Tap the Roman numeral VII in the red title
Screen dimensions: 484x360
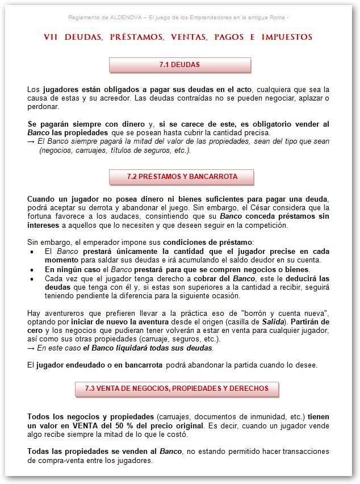[x=51, y=37]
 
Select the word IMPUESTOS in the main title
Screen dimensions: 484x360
[x=287, y=37]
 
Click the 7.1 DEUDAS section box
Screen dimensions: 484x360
[x=179, y=65]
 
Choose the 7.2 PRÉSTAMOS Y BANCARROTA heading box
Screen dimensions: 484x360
[x=182, y=176]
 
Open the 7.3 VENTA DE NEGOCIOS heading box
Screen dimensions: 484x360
[x=177, y=389]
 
